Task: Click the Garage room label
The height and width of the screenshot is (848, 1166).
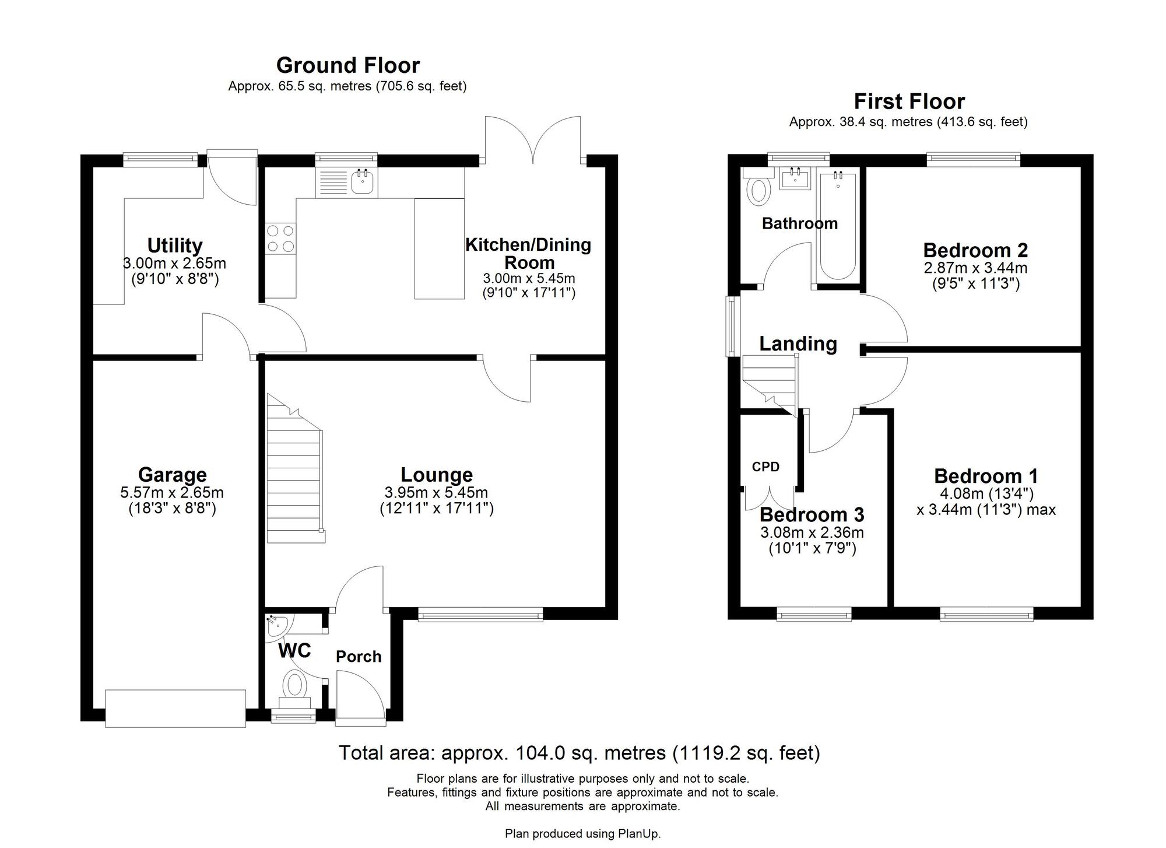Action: [x=172, y=475]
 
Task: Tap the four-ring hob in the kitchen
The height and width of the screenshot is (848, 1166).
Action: [x=280, y=239]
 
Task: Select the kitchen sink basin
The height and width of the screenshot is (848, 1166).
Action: [x=362, y=183]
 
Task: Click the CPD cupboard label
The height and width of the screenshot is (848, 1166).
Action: [x=765, y=467]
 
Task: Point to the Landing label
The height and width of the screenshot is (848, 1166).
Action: [x=798, y=344]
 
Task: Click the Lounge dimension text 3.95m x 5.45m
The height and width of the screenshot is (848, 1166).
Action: [x=436, y=492]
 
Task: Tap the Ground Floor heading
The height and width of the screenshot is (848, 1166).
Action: [x=348, y=65]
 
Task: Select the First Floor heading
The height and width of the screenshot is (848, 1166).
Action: [x=909, y=101]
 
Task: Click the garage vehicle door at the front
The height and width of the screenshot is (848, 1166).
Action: [x=175, y=709]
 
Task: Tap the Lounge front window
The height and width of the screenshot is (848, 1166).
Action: [x=480, y=614]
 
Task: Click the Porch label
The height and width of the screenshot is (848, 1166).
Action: [x=359, y=657]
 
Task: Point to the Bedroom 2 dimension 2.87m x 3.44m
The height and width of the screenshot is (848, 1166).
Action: [x=975, y=268]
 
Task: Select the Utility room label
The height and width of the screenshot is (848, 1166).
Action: [x=174, y=246]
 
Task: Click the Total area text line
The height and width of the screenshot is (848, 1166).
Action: [x=579, y=753]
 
